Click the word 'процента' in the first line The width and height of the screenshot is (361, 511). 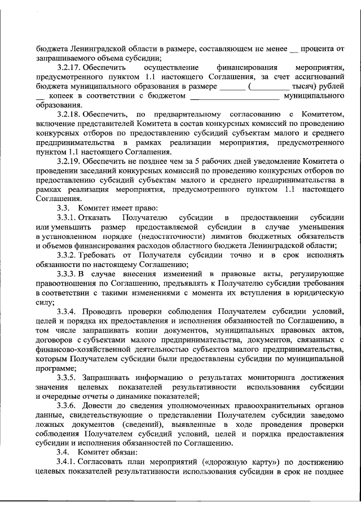(x=318, y=49)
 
